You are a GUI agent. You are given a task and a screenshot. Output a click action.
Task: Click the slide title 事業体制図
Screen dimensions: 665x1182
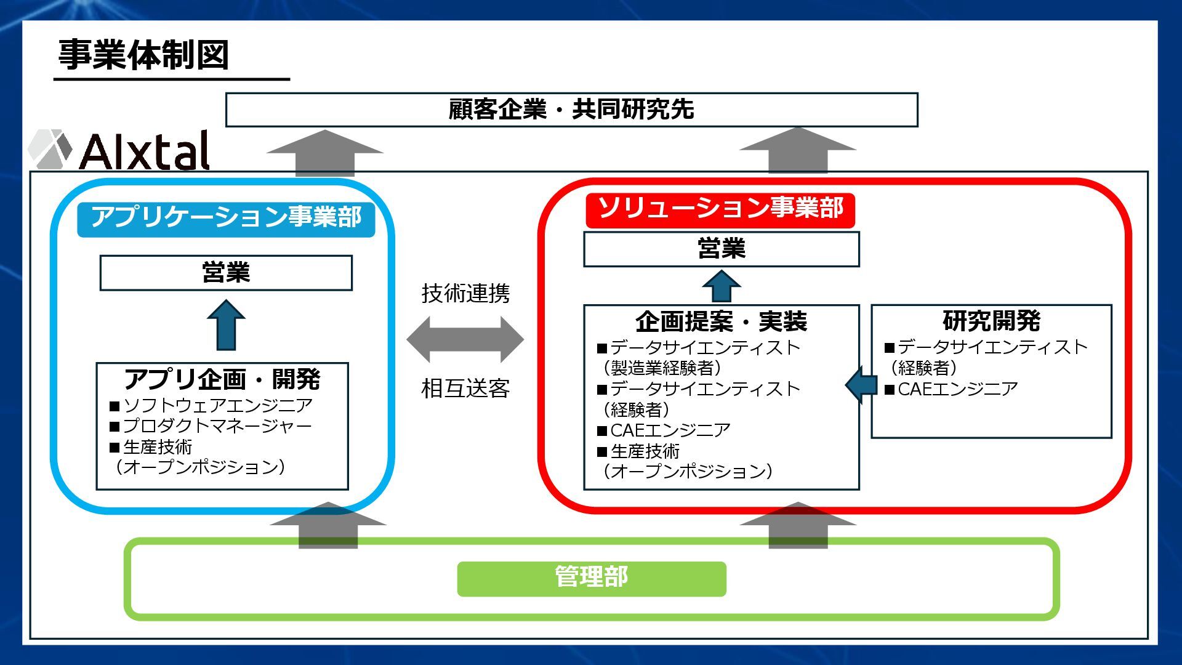coord(143,55)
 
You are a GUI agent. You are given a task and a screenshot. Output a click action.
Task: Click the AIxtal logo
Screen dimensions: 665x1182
coord(120,150)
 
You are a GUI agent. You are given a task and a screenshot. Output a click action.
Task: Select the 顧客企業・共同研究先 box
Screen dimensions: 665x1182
coord(571,110)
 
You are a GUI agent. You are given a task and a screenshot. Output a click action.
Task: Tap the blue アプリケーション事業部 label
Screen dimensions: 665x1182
coord(226,217)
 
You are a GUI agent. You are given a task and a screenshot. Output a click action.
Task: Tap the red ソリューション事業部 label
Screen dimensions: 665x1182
coord(720,208)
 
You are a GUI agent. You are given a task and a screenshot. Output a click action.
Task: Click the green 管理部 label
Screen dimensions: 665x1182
coord(591,578)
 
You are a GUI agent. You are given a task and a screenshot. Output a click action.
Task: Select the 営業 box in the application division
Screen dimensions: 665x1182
coord(226,273)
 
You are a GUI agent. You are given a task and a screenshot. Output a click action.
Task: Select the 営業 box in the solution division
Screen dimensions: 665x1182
coord(721,249)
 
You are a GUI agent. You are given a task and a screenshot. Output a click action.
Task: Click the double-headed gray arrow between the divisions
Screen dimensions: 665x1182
coord(465,339)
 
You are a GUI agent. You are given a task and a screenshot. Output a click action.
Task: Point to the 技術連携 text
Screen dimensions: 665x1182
coord(465,294)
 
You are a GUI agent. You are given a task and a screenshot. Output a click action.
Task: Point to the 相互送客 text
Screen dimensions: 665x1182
coord(465,389)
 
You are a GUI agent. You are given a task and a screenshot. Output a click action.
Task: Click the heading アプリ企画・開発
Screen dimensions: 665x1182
coord(222,379)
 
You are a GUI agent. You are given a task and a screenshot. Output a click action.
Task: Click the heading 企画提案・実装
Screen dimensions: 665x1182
coord(721,321)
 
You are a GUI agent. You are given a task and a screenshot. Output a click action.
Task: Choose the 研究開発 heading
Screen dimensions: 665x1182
coord(991,321)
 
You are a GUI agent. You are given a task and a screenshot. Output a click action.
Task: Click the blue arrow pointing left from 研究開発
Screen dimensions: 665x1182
coord(861,385)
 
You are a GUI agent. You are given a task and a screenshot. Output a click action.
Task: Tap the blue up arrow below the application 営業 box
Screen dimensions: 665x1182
coord(226,325)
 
